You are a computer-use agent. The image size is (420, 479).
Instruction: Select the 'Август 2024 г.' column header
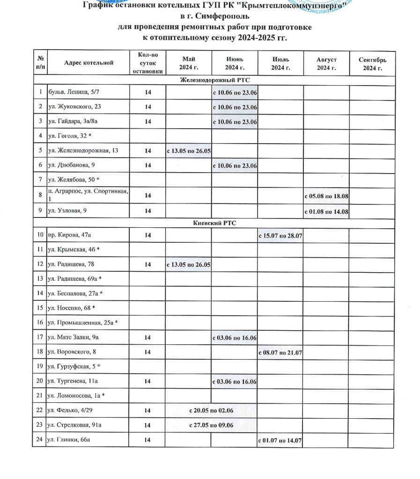(x=326, y=63)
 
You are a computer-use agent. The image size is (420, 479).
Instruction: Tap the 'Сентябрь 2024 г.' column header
(x=372, y=63)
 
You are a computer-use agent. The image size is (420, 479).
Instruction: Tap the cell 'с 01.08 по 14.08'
(x=326, y=211)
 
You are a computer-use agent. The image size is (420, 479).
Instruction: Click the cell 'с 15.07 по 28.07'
(x=280, y=235)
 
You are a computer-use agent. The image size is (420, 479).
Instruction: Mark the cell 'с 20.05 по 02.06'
(x=211, y=410)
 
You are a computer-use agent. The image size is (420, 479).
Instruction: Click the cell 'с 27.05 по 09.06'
(x=211, y=425)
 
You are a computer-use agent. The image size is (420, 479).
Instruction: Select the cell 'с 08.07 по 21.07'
(x=280, y=351)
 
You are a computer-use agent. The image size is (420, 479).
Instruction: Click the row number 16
(x=40, y=322)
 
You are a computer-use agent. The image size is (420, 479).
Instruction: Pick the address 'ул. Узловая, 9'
(x=67, y=211)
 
